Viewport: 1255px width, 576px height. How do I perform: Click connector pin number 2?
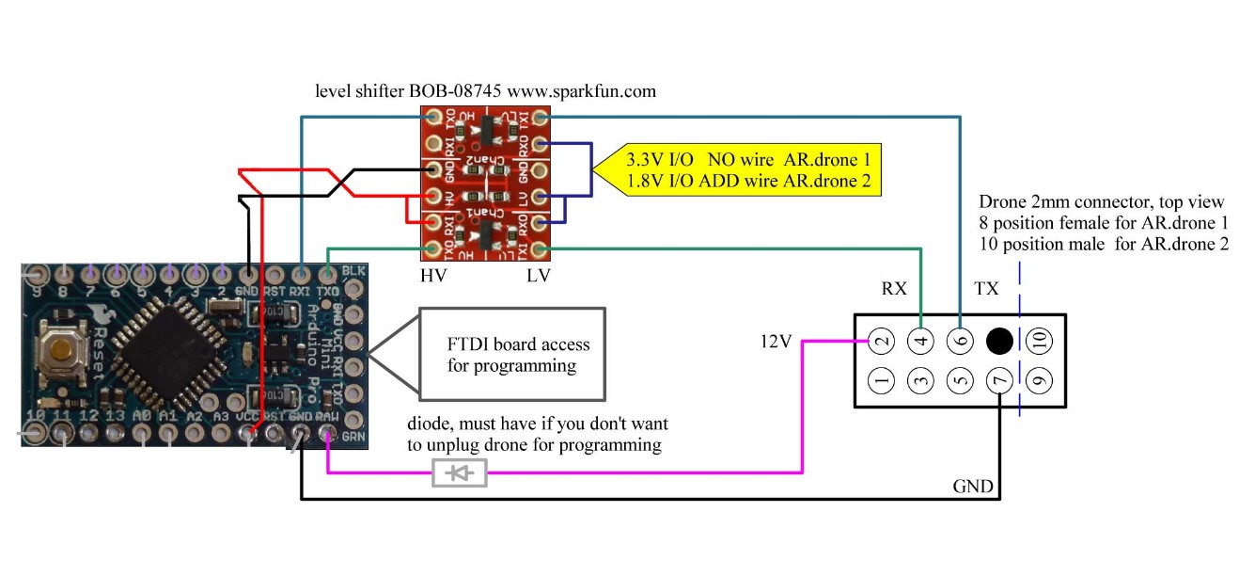point(881,341)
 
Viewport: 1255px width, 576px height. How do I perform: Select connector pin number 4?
point(921,341)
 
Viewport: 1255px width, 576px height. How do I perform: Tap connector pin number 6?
point(960,341)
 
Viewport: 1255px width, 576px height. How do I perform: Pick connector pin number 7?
point(999,381)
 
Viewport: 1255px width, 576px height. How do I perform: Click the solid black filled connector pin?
point(999,341)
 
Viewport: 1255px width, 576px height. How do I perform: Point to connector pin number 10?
point(1039,341)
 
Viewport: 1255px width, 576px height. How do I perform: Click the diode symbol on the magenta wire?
point(460,473)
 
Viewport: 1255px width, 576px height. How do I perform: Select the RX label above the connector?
point(894,290)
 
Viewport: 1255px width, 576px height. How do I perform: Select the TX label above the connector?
point(986,290)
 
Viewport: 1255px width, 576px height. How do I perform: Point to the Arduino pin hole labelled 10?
point(36,433)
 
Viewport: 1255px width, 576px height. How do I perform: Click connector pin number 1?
point(881,381)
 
